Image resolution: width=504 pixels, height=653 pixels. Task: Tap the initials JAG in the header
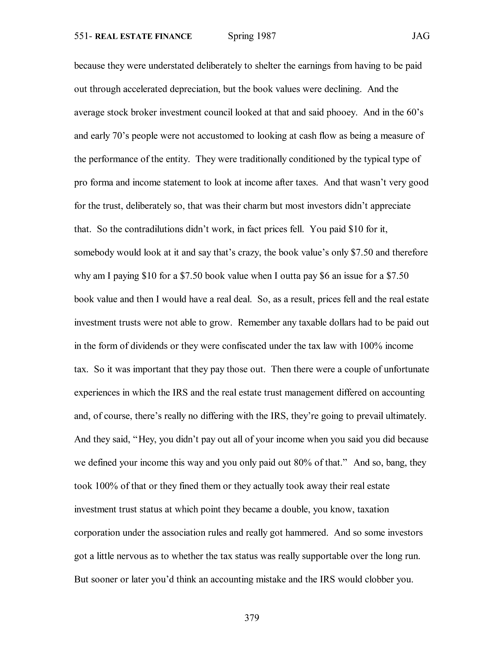421,36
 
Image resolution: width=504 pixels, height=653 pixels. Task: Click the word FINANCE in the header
173,37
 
